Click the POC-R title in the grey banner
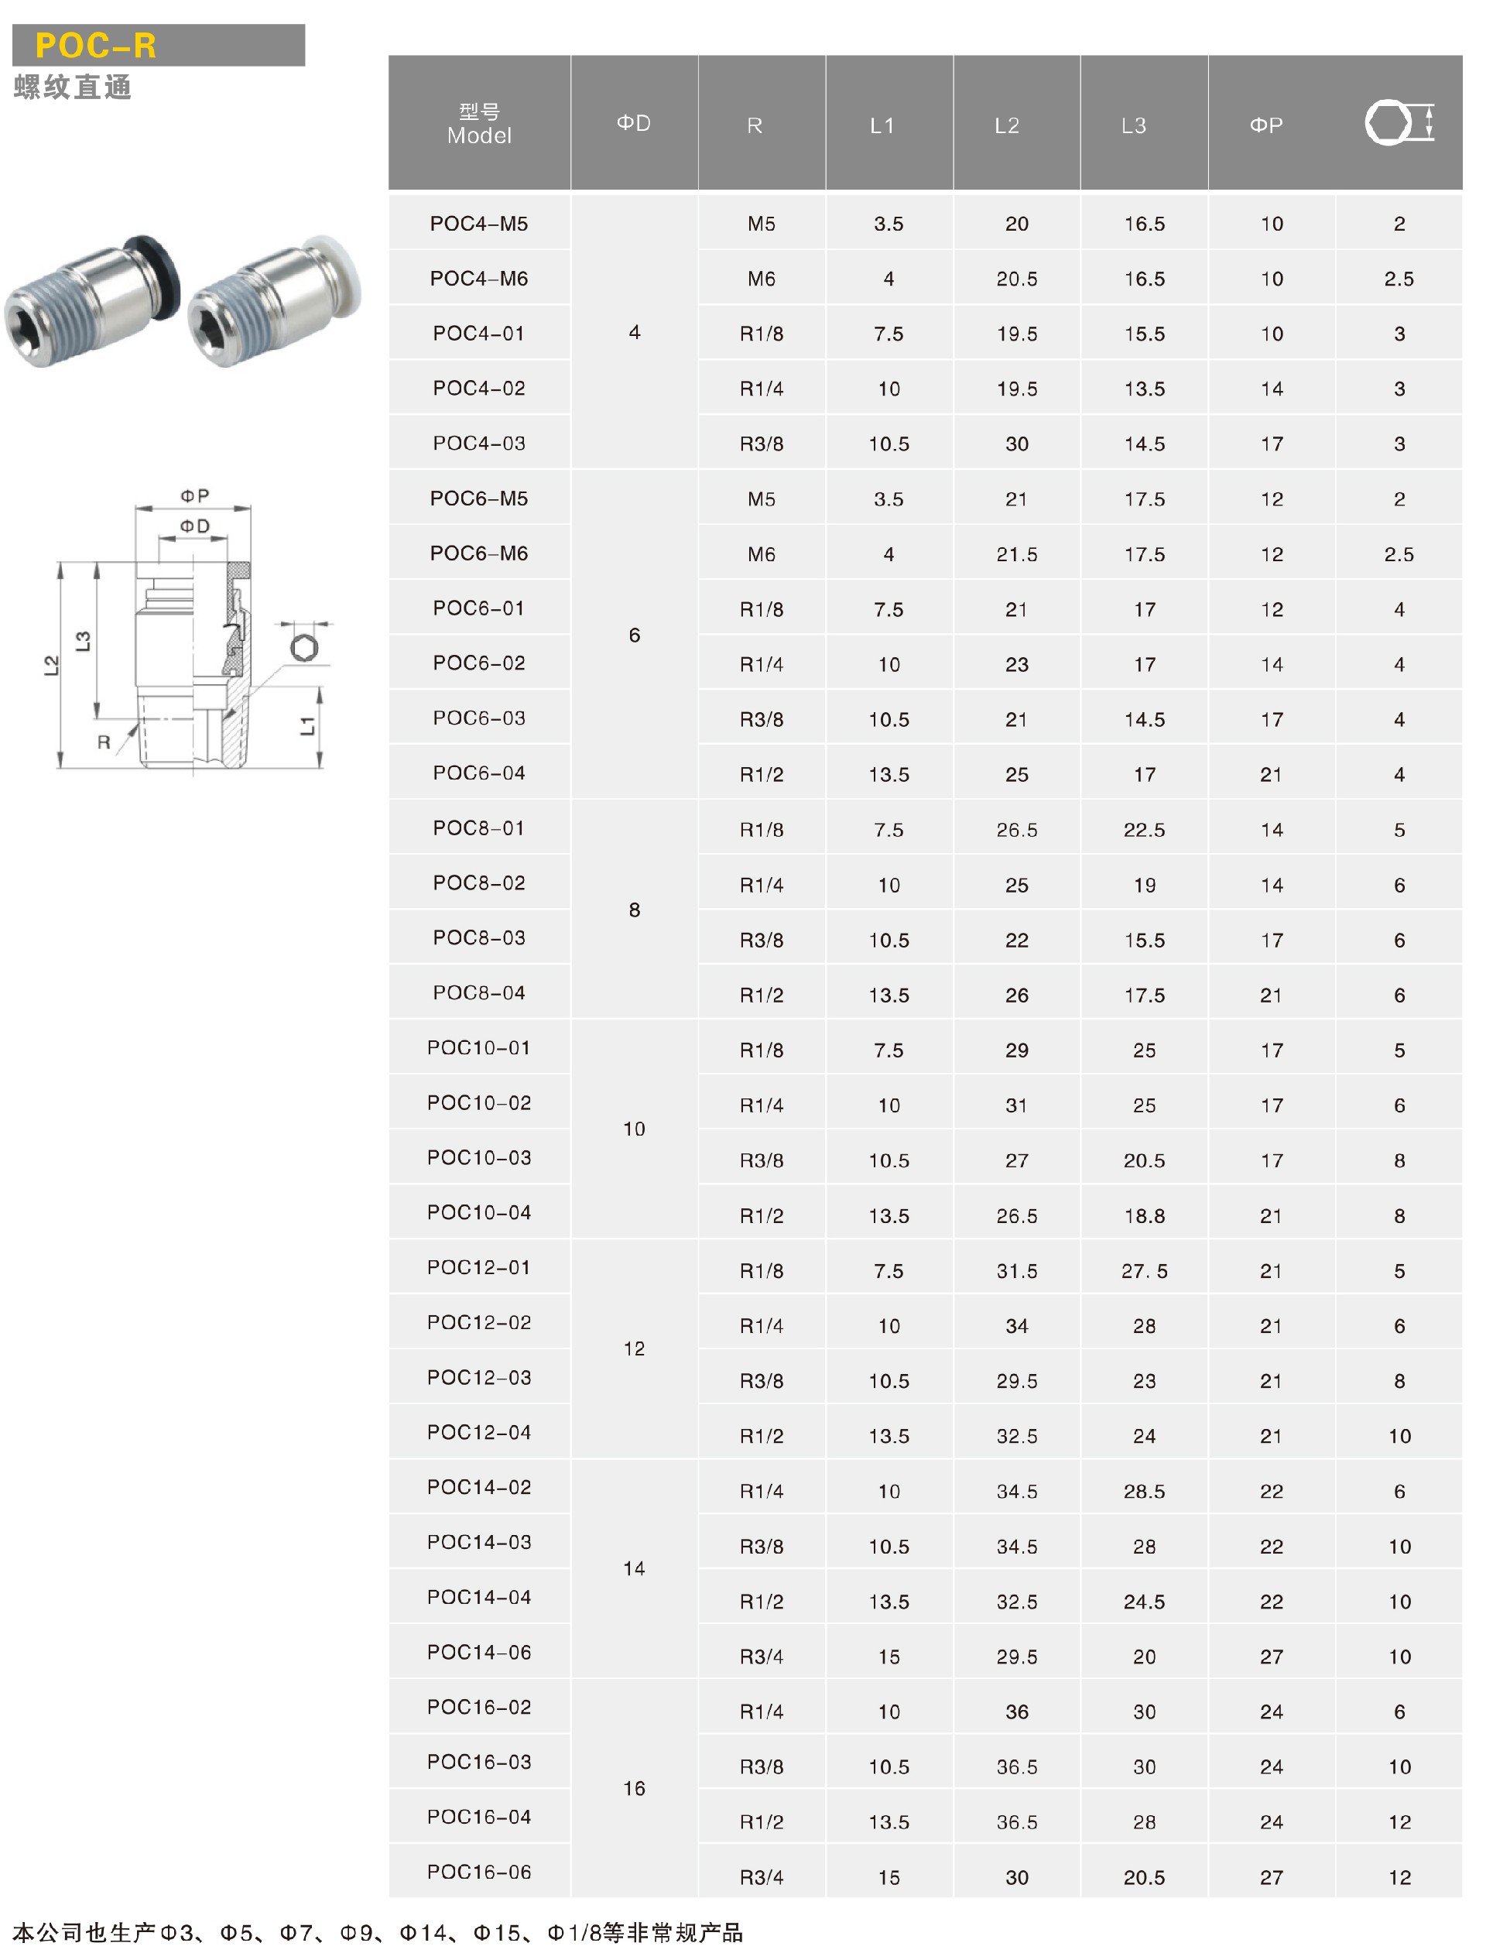96,45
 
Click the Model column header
479,135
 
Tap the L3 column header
1133,126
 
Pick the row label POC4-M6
479,278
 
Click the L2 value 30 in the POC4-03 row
1016,444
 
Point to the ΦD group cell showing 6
635,636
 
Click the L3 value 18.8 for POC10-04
1144,1215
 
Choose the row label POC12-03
479,1377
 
